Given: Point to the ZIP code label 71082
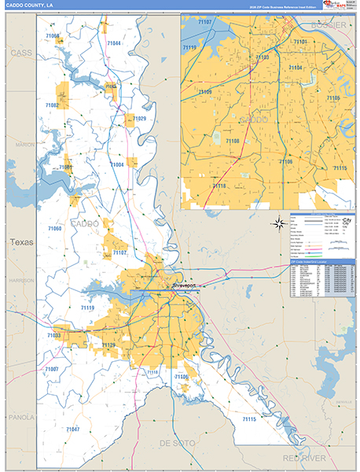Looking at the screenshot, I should pyautogui.click(x=53, y=105).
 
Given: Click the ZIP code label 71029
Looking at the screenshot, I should pyautogui.click(x=139, y=118).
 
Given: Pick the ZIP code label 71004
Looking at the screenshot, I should pyautogui.click(x=118, y=164).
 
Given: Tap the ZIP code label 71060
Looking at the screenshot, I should pyautogui.click(x=54, y=228).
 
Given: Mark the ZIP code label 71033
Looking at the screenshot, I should pyautogui.click(x=53, y=336).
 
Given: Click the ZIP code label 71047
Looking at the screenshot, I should pyautogui.click(x=72, y=429).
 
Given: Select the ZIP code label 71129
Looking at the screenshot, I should pyautogui.click(x=108, y=345).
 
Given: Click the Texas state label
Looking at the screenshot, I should pyautogui.click(x=21, y=242).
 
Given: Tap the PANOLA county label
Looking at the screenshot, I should pyautogui.click(x=20, y=417).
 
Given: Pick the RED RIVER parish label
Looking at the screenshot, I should pyautogui.click(x=303, y=457).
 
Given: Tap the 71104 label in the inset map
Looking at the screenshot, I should pyautogui.click(x=296, y=68).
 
